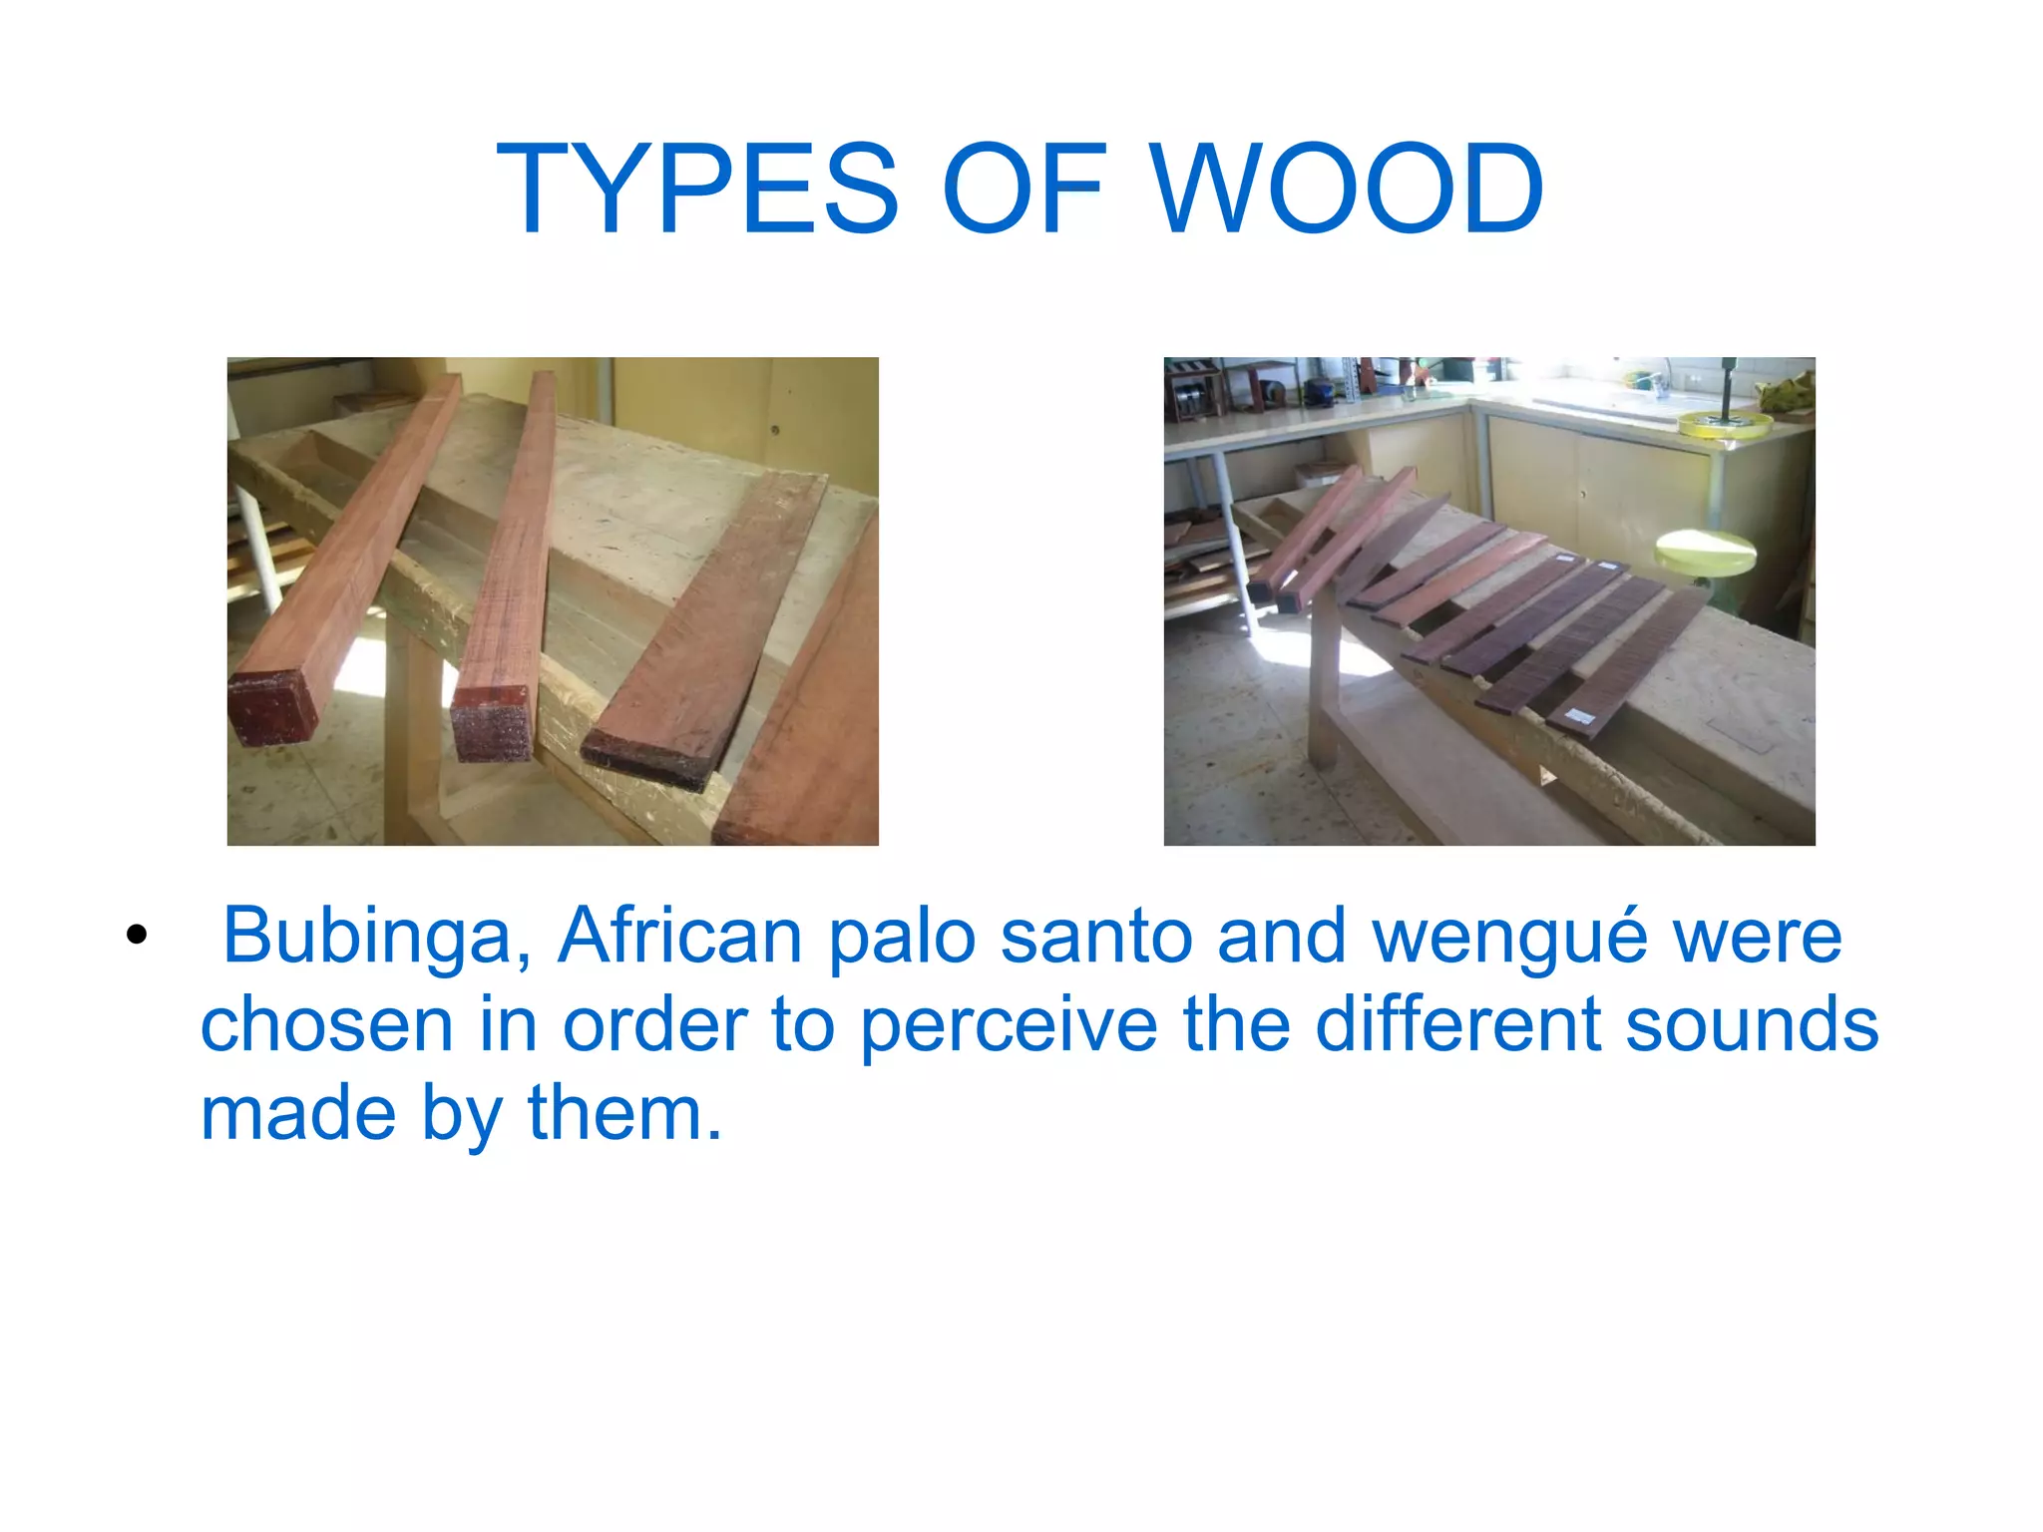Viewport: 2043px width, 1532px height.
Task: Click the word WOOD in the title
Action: [x=1348, y=190]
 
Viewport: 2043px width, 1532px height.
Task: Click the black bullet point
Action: [x=137, y=936]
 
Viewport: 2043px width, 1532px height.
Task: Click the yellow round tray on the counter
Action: [x=1724, y=425]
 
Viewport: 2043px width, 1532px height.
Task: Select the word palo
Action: [x=902, y=936]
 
